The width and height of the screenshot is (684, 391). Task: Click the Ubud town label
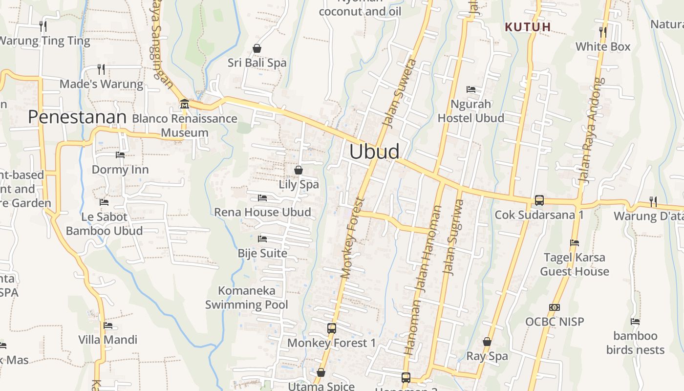pyautogui.click(x=374, y=152)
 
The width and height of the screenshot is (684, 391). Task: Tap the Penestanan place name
pyautogui.click(x=77, y=117)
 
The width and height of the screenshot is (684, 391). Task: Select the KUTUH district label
pyautogui.click(x=528, y=27)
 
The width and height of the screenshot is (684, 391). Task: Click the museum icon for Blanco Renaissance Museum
pyautogui.click(x=185, y=104)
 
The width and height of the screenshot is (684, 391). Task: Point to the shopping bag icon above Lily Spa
pyautogui.click(x=299, y=170)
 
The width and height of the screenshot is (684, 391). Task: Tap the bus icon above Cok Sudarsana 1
pyautogui.click(x=539, y=200)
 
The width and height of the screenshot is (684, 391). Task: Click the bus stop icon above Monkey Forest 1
pyautogui.click(x=332, y=328)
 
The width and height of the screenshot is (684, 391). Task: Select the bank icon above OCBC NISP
pyautogui.click(x=555, y=307)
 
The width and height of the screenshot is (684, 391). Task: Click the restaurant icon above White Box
pyautogui.click(x=603, y=32)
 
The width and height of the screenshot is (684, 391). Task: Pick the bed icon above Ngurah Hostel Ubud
pyautogui.click(x=471, y=89)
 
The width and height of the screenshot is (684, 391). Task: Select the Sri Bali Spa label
pyautogui.click(x=257, y=63)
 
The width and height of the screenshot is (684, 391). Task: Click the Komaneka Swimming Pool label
pyautogui.click(x=247, y=298)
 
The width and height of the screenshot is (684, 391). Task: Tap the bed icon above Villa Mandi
pyautogui.click(x=108, y=325)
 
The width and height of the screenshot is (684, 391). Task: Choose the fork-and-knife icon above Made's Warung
pyautogui.click(x=101, y=69)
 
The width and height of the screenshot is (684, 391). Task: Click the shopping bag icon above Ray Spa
pyautogui.click(x=487, y=342)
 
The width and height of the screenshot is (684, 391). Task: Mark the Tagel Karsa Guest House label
pyautogui.click(x=575, y=264)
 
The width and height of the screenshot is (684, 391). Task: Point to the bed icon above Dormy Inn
pyautogui.click(x=120, y=155)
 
